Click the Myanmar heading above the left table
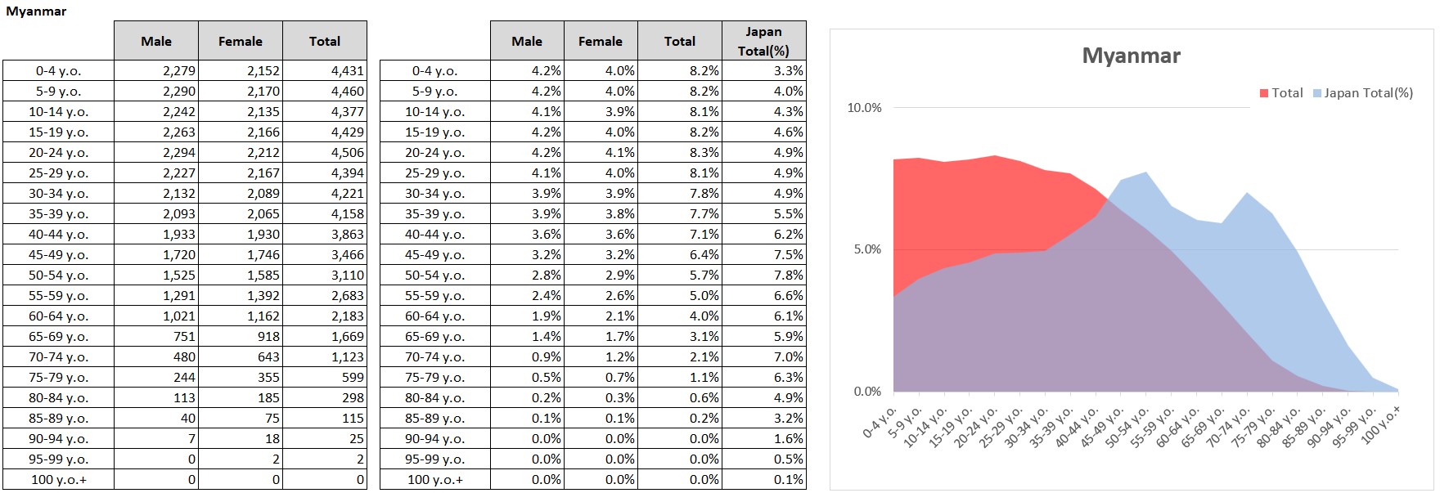(36, 11)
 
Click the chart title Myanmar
(1131, 56)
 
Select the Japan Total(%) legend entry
(1363, 93)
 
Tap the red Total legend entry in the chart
(1281, 93)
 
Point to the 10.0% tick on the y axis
(864, 108)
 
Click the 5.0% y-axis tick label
(867, 249)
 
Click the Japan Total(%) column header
(763, 41)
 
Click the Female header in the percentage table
(600, 41)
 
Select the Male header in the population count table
(155, 41)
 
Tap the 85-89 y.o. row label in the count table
(58, 419)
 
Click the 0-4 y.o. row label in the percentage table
(434, 71)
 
